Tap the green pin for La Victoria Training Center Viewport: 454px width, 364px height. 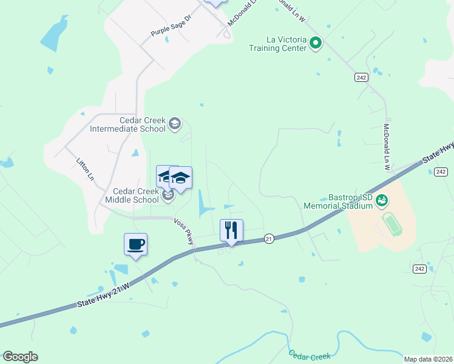tap(316, 42)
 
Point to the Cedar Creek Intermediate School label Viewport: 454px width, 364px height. tap(127, 124)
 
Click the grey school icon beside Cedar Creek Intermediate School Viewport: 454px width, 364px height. tap(175, 124)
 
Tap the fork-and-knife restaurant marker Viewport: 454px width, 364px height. tap(231, 231)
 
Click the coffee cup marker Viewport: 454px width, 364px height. tap(135, 244)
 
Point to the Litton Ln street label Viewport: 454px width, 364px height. tap(85, 169)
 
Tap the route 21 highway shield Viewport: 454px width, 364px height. tap(268, 239)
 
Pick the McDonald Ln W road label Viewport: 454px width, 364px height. tap(387, 147)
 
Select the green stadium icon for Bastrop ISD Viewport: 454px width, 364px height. tap(382, 200)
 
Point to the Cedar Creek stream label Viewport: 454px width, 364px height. tap(310, 356)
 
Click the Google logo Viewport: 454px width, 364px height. tap(20, 357)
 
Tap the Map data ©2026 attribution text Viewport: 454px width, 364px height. tap(428, 359)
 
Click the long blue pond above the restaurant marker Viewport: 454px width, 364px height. tap(202, 204)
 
